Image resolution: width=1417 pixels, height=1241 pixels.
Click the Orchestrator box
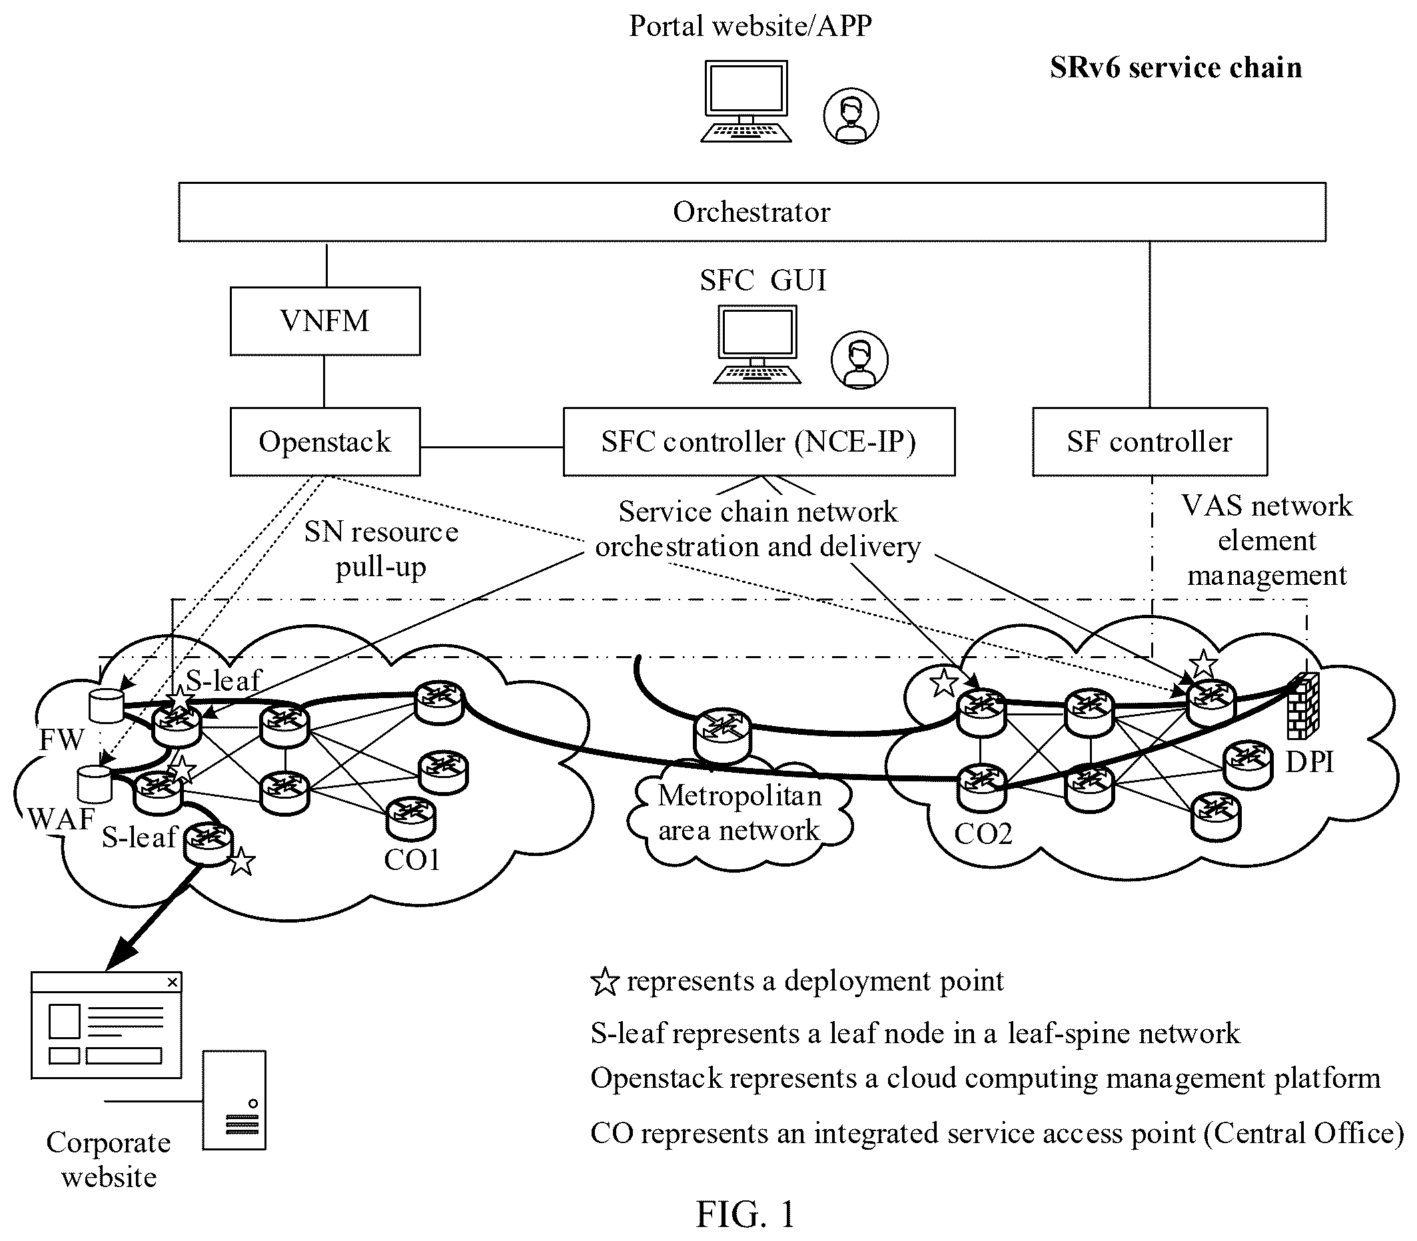752,212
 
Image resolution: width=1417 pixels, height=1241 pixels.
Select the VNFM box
325,321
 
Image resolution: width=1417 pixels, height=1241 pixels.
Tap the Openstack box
325,442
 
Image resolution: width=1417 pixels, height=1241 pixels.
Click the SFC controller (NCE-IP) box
759,442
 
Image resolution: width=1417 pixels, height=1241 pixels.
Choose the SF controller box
1150,442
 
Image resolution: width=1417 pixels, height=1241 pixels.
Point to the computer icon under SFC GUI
757,344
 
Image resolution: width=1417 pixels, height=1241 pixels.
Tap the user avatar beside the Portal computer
851,116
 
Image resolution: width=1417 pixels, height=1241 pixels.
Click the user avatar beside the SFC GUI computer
859,360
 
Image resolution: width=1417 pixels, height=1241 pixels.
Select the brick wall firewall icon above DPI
1302,705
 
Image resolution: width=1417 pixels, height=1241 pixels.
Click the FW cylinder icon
106,705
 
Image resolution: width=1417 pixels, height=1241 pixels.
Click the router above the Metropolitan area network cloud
722,735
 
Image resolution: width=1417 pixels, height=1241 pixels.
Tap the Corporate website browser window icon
107,1025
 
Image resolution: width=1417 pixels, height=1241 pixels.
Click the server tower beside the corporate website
234,1100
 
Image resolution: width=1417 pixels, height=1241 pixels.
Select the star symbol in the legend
604,982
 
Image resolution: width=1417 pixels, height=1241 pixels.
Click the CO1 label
412,859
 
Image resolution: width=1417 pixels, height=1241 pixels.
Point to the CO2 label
983,833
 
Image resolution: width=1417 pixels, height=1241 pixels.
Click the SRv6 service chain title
1176,68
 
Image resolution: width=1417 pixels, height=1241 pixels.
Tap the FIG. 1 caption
745,1214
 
